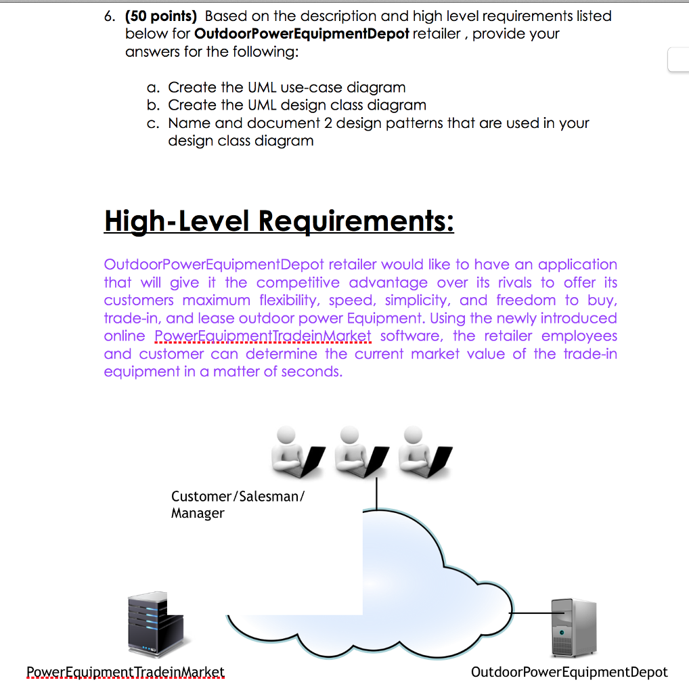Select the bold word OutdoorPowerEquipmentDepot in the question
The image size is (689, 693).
point(301,34)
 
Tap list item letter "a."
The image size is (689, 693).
point(154,88)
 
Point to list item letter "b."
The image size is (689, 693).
point(154,106)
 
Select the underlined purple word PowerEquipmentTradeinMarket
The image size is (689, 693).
point(263,336)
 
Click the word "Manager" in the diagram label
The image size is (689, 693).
point(197,513)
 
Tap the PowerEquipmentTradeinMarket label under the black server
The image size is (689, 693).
point(125,672)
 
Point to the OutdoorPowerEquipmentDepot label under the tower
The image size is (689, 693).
point(569,672)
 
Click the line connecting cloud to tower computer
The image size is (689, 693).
point(532,612)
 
